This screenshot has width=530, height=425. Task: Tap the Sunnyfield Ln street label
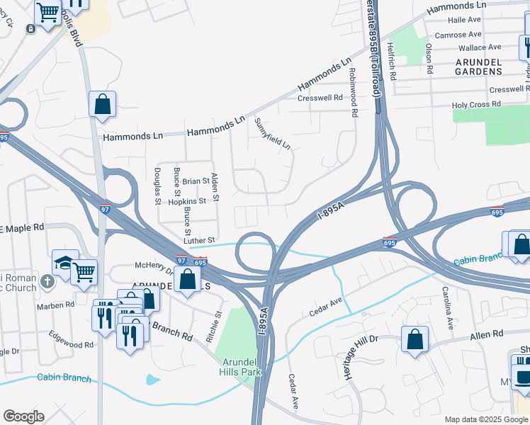pos(273,133)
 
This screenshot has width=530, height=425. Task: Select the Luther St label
pos(199,241)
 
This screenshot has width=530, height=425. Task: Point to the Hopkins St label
pos(186,201)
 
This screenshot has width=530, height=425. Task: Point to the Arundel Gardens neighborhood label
pos(478,67)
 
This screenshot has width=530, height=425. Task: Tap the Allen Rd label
pos(486,334)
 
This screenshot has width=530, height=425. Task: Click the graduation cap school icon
pos(62,262)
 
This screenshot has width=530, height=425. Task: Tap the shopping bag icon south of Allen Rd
pos(415,339)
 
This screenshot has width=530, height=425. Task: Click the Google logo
pos(23,416)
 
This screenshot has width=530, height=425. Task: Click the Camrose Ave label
pos(458,35)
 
